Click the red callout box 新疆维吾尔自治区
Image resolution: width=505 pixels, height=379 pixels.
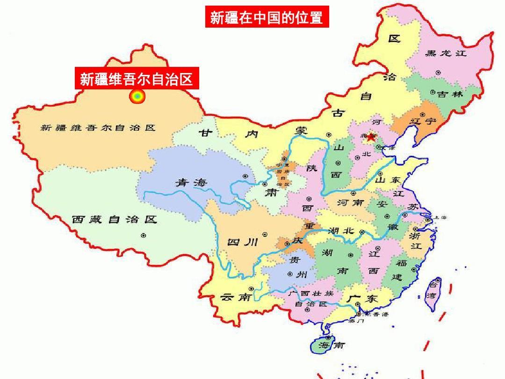pyautogui.click(x=137, y=79)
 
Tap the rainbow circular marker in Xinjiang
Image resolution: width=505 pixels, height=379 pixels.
pyautogui.click(x=137, y=97)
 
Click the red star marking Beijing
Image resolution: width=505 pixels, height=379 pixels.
pyautogui.click(x=371, y=137)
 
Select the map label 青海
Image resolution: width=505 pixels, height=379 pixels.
pyautogui.click(x=191, y=182)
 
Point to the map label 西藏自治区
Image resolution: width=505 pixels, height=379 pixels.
pyautogui.click(x=114, y=219)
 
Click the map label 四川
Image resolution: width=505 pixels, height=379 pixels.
pyautogui.click(x=242, y=241)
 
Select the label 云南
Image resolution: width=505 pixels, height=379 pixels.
pyautogui.click(x=236, y=297)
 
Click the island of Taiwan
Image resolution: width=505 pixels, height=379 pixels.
pyautogui.click(x=433, y=290)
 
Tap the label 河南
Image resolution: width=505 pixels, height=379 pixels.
pyautogui.click(x=351, y=203)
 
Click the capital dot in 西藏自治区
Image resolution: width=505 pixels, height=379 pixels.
pyautogui.click(x=144, y=235)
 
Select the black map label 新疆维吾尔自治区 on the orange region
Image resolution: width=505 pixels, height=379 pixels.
pyautogui.click(x=98, y=128)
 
